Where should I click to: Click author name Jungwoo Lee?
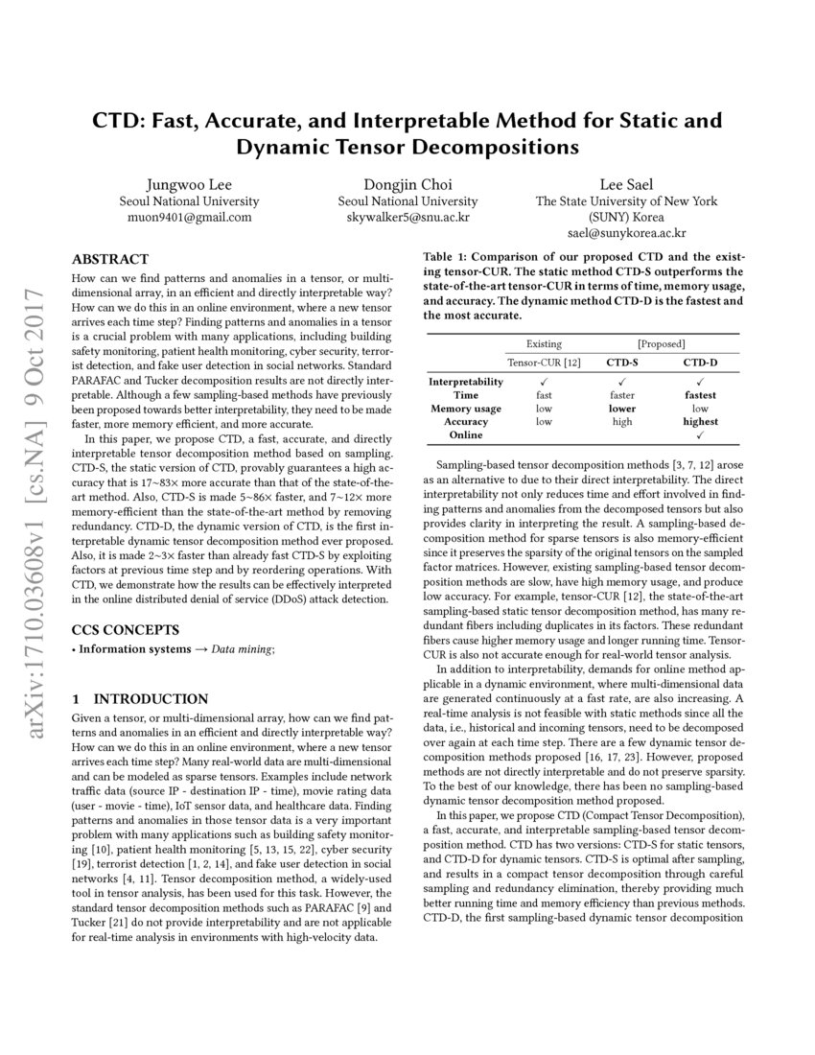(189, 184)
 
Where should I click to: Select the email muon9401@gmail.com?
(189, 217)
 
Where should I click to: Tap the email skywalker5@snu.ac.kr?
(407, 217)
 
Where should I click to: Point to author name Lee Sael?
(626, 184)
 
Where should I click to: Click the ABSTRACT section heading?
(110, 259)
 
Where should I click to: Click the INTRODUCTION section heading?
(140, 698)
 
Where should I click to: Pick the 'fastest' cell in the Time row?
(700, 394)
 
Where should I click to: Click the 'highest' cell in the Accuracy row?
(700, 421)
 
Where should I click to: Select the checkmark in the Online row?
(700, 434)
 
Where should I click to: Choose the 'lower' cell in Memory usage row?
(621, 408)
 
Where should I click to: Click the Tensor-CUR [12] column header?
(544, 362)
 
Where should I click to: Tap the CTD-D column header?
(700, 362)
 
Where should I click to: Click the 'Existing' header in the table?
(544, 342)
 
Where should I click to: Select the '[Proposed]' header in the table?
(661, 342)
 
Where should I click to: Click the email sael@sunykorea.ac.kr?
(626, 233)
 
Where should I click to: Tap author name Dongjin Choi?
(407, 184)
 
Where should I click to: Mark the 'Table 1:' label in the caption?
(447, 257)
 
